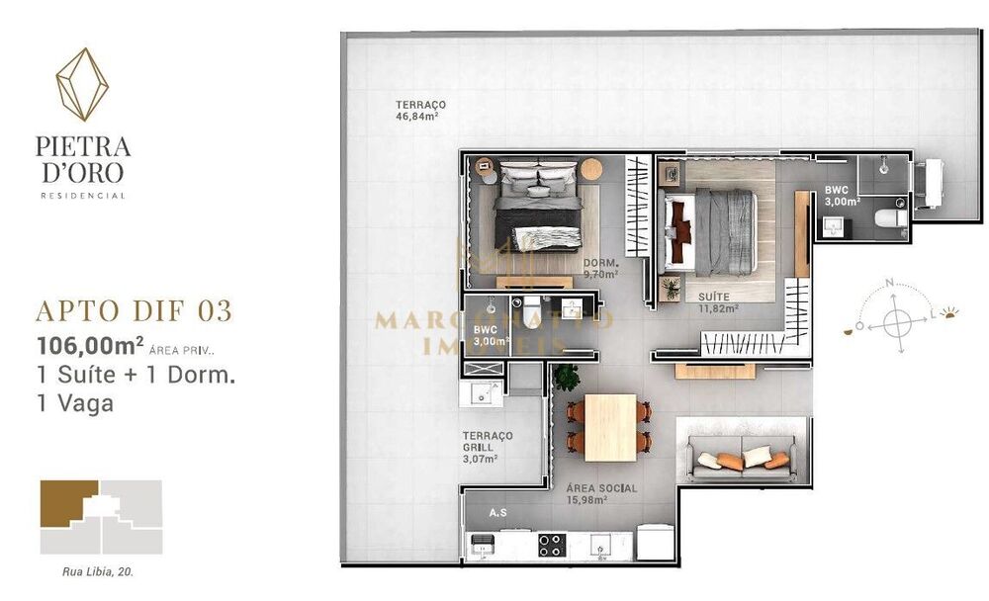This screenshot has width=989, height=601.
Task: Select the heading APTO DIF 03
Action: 134,310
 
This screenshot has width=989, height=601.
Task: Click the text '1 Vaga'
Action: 74,403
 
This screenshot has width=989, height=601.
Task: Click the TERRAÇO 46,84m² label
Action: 419,110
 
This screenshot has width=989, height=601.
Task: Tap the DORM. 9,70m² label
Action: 601,269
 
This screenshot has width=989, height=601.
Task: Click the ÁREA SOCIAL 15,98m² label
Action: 601,494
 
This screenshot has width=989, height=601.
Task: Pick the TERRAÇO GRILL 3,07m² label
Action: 487,447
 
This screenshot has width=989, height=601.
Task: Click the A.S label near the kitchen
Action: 499,513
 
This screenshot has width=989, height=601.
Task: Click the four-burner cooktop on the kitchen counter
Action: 550,545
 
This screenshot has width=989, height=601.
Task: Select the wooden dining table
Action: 609,426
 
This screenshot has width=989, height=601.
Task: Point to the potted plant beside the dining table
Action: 567,377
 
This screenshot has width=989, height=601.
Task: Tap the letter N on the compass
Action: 890,283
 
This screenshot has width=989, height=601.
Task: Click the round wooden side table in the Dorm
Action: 591,168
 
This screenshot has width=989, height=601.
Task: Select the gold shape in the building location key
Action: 68,503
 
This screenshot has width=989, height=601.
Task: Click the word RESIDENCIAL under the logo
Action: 82,196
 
